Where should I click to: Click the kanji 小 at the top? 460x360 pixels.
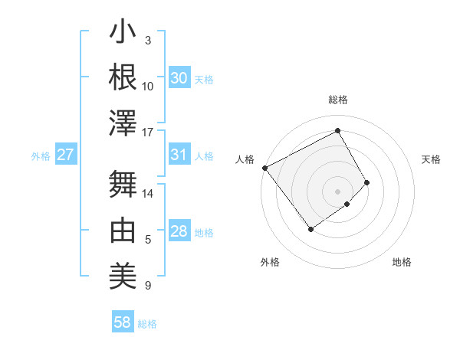(x=123, y=34)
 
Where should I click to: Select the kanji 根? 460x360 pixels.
(x=123, y=77)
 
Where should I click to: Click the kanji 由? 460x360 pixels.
(x=123, y=230)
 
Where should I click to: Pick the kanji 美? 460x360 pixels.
(x=123, y=274)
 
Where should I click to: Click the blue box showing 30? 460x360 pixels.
(x=179, y=78)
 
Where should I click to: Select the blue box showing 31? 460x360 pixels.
(x=179, y=155)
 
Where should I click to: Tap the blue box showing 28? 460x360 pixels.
(x=179, y=231)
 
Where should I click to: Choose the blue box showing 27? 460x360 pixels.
(x=65, y=155)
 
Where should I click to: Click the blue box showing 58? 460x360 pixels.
(x=122, y=322)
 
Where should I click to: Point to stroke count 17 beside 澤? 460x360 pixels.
(x=148, y=132)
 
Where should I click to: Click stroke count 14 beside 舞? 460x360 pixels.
(x=148, y=194)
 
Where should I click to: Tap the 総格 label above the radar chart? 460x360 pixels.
(x=337, y=100)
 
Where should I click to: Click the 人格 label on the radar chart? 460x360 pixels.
(x=245, y=159)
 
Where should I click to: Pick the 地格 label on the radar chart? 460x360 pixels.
(x=402, y=262)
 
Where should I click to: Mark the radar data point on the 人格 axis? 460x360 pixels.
(x=264, y=168)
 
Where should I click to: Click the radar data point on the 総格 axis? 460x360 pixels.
(x=337, y=131)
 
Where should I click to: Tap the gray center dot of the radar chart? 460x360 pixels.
(x=337, y=191)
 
